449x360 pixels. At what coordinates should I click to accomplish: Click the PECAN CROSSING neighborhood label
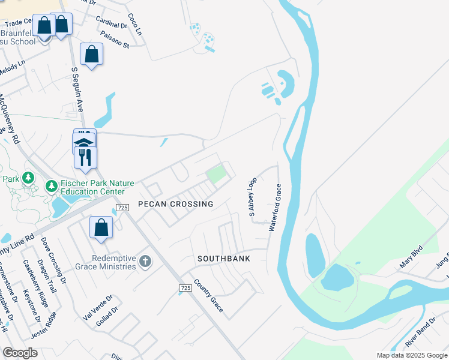click(x=175, y=205)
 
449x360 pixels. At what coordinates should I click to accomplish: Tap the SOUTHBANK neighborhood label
click(x=223, y=259)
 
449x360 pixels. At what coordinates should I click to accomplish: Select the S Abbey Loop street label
click(x=253, y=197)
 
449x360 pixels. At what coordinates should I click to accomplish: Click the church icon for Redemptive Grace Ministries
click(x=145, y=261)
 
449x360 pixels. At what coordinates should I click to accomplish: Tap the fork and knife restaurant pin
click(x=85, y=157)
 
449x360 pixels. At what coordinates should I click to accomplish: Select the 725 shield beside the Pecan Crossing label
click(x=122, y=208)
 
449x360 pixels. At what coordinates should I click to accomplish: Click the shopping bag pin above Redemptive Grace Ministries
click(x=101, y=228)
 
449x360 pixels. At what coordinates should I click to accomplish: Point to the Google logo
click(x=20, y=353)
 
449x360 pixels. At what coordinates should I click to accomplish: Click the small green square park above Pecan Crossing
click(x=215, y=175)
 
